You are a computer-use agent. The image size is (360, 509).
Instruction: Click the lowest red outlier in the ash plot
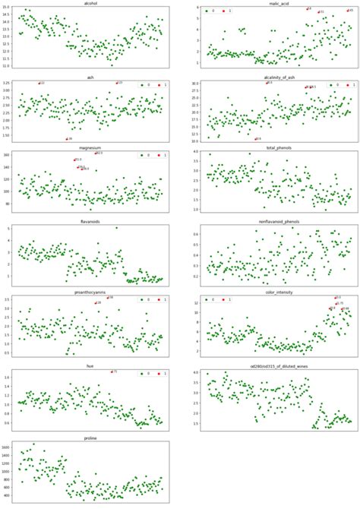tap(65, 139)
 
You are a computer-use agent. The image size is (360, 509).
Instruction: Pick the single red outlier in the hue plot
tap(111, 372)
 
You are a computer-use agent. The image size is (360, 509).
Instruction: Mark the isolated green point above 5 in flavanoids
tap(116, 228)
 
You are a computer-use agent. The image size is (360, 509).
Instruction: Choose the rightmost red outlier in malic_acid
tap(346, 11)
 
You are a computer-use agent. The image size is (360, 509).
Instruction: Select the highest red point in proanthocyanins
tap(106, 298)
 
